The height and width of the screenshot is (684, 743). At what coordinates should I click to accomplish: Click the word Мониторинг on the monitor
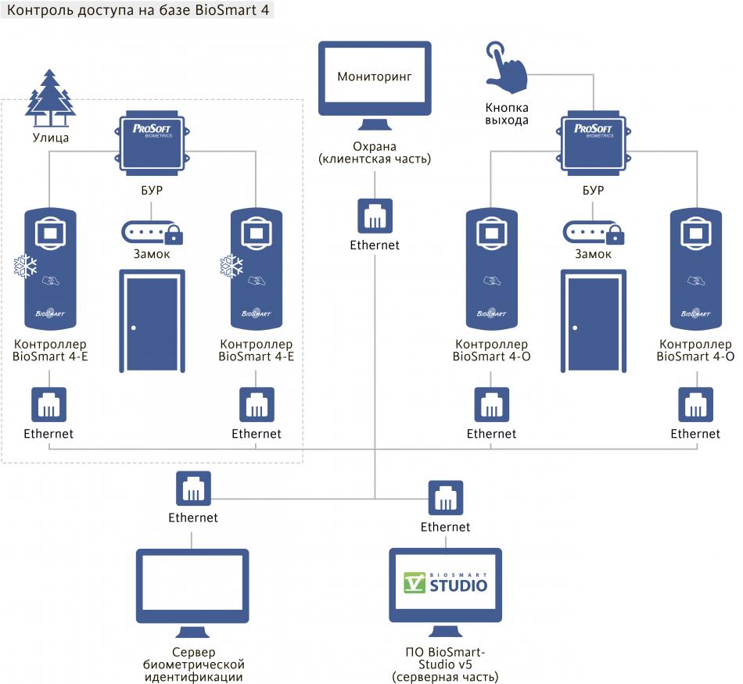[x=375, y=77]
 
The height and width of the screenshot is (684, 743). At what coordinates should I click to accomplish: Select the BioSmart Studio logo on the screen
[x=445, y=583]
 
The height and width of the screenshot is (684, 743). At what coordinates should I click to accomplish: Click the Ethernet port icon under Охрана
[x=375, y=216]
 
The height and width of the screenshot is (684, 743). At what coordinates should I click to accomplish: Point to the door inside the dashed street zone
[x=152, y=322]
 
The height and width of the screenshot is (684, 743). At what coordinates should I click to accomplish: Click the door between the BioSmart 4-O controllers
[x=594, y=322]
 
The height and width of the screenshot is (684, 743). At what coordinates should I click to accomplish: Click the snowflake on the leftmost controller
[x=26, y=267]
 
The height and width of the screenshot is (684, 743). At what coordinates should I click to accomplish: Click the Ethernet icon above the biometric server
[x=193, y=490]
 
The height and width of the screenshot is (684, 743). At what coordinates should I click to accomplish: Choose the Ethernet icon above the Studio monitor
[x=445, y=499]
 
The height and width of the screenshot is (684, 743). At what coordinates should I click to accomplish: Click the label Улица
[x=51, y=138]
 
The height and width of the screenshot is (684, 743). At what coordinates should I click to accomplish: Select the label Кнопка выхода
[x=507, y=114]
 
